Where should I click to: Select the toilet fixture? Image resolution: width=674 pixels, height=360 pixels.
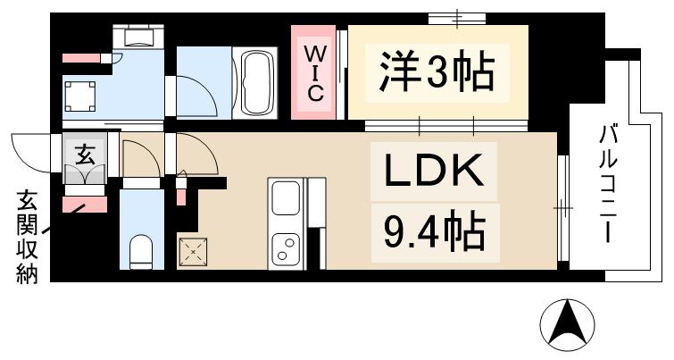[140, 251]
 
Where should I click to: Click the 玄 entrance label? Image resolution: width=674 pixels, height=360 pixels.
[85, 153]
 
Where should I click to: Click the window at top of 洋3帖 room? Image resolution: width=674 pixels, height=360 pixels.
[457, 18]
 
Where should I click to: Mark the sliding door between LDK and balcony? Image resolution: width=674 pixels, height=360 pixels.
[562, 208]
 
